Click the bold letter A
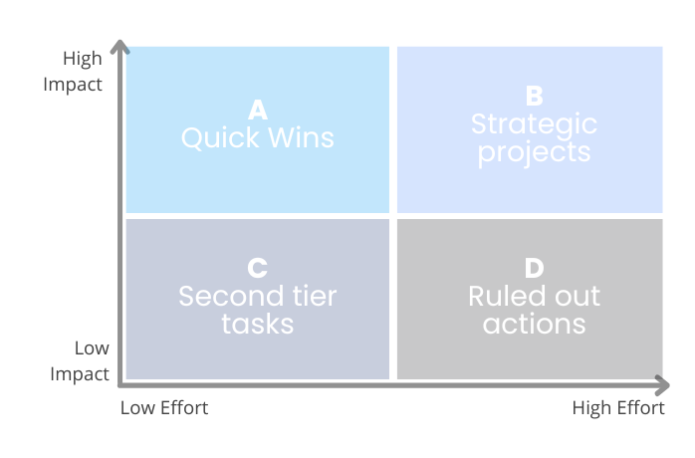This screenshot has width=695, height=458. pos(258,110)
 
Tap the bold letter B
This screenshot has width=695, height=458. pos(534,96)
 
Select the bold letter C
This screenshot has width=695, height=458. pos(258,268)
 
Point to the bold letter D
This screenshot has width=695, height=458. pos(534,268)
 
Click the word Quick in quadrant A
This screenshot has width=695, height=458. pos(220,137)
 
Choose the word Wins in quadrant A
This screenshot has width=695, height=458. pos(301,137)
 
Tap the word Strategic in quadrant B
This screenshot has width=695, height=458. pos(534,125)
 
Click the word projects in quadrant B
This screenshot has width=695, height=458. pos(534,153)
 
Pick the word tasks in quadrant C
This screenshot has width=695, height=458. pos(258,325)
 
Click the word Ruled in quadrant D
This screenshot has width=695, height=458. pos(501,296)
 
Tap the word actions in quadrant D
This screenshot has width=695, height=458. pos(534,325)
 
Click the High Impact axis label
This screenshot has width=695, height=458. pos(73,71)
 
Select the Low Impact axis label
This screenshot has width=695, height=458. pos(80,360)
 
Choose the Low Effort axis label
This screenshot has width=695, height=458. pos(164,408)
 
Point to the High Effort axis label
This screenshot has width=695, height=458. pos(618,408)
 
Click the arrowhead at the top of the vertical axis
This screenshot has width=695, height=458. pos(119,46)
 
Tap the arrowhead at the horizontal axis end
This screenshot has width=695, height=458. pos(662,385)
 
